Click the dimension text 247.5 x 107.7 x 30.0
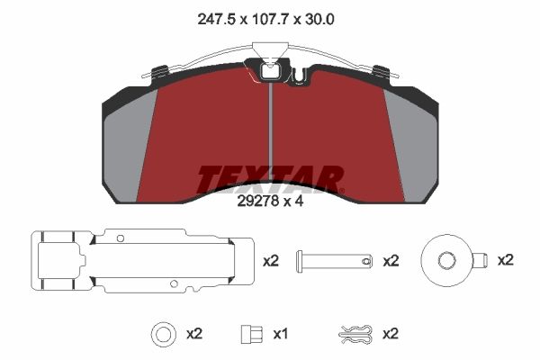(x=265, y=19)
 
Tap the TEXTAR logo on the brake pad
(x=270, y=179)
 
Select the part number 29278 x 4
(x=270, y=202)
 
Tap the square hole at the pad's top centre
(x=271, y=71)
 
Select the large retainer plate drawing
(x=142, y=262)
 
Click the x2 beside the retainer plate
(x=271, y=261)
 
